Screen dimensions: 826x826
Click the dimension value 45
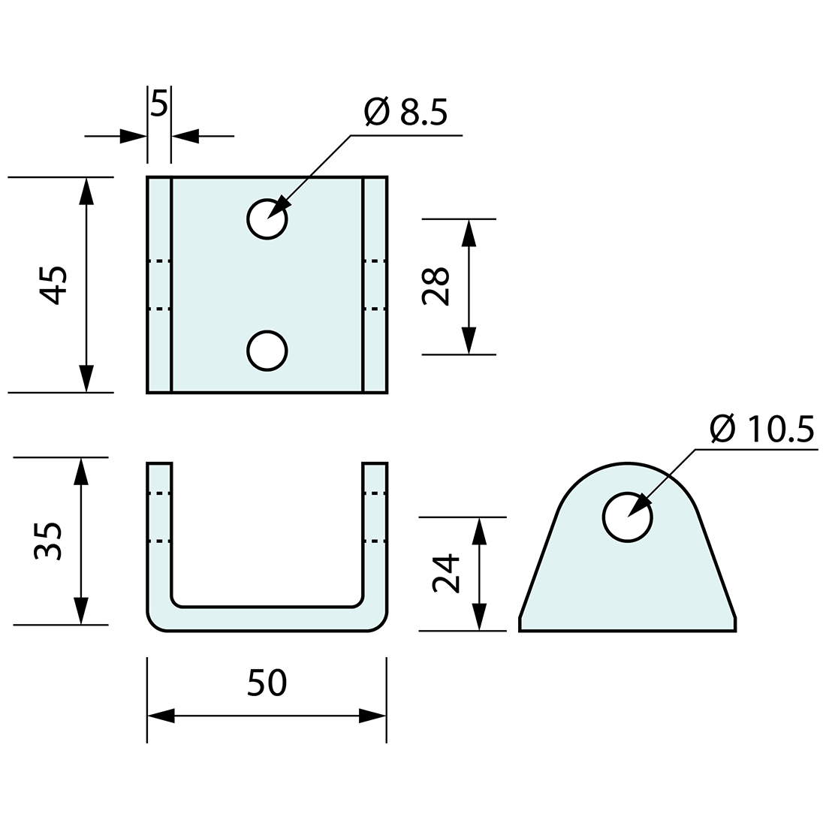point(54,285)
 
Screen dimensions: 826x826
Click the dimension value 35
point(49,541)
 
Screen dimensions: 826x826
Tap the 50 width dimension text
point(267,683)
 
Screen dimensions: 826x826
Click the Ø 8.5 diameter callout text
point(405,113)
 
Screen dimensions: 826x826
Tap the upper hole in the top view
point(267,219)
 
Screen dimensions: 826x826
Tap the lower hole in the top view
point(267,351)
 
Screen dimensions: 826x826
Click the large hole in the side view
point(628,517)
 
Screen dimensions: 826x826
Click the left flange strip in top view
point(159,285)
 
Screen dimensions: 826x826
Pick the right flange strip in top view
point(375,285)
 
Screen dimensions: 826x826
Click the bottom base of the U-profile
point(267,618)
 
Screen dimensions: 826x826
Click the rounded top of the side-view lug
point(628,469)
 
